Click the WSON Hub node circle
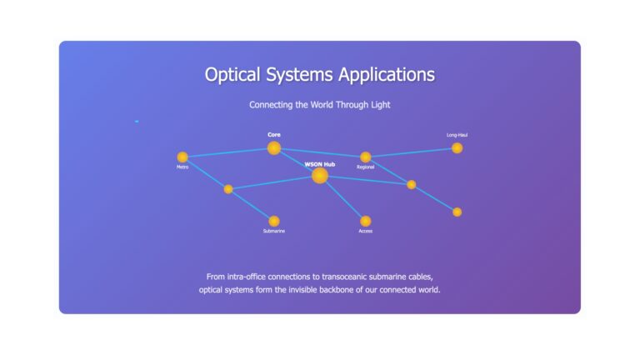(320, 176)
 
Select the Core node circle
(274, 148)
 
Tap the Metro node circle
(182, 157)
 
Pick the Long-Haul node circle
(457, 148)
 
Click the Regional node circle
(365, 157)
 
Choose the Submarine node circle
(274, 221)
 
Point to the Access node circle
(365, 221)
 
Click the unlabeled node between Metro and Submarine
(228, 189)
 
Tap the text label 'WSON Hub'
(320, 164)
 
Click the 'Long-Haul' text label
(457, 135)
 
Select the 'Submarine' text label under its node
(274, 231)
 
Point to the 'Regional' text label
(365, 167)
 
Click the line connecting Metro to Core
(228, 152)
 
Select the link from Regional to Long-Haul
(412, 152)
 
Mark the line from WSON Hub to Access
(342, 199)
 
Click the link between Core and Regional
(320, 152)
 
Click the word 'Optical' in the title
(232, 75)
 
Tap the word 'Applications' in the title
(387, 75)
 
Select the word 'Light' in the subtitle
(380, 105)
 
